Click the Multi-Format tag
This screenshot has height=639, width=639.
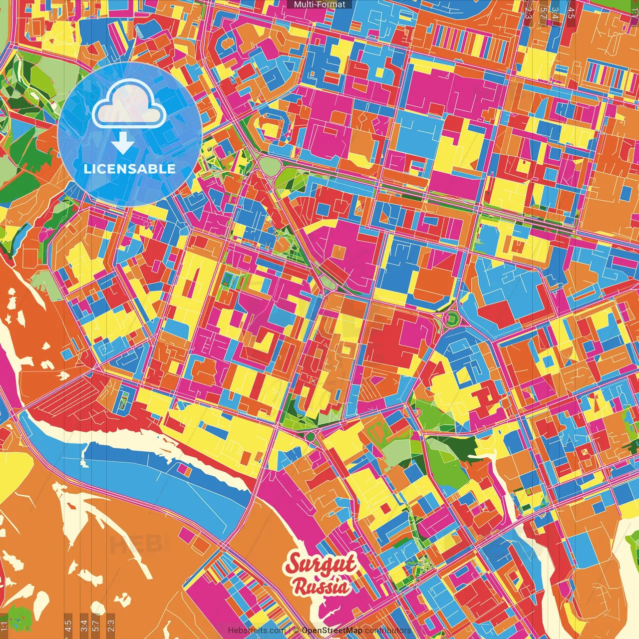pos(319,4)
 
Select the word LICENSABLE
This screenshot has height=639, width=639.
pos(130,169)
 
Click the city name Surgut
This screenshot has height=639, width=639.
pos(320,565)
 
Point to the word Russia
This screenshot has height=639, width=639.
pos(321,586)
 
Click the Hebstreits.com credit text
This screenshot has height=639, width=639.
pos(257,631)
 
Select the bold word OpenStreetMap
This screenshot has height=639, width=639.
pos(332,631)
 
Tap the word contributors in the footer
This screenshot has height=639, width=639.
pos(388,631)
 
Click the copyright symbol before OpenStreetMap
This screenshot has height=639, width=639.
pos(296,631)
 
